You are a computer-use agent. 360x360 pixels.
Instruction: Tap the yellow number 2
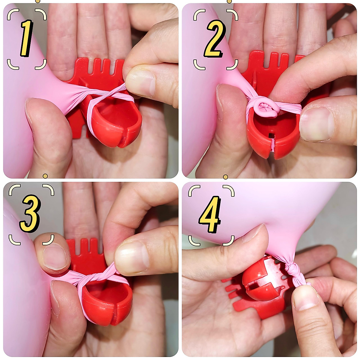coord(214,38)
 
